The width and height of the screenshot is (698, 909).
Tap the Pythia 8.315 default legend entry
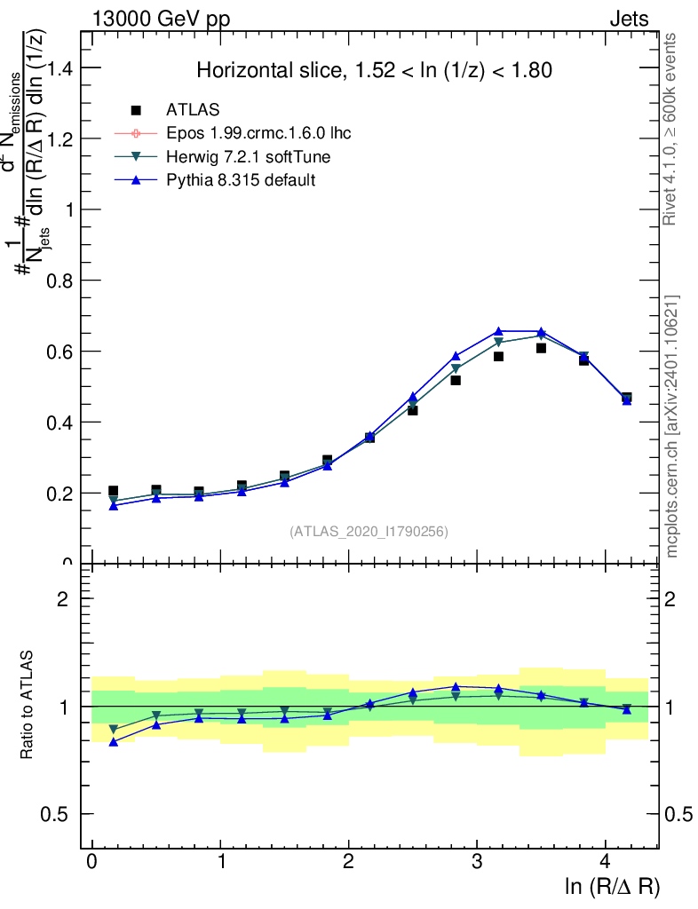click(x=241, y=180)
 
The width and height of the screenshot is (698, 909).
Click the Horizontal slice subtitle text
click(x=375, y=70)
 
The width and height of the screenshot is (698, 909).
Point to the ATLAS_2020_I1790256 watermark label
click(x=369, y=532)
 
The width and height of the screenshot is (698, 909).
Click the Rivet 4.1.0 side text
click(x=671, y=130)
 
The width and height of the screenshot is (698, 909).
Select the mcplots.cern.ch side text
click(x=671, y=426)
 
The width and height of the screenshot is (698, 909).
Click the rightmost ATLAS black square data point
click(x=627, y=399)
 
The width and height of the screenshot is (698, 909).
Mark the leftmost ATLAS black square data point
click(x=114, y=491)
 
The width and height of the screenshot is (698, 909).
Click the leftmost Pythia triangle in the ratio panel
click(x=114, y=741)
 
